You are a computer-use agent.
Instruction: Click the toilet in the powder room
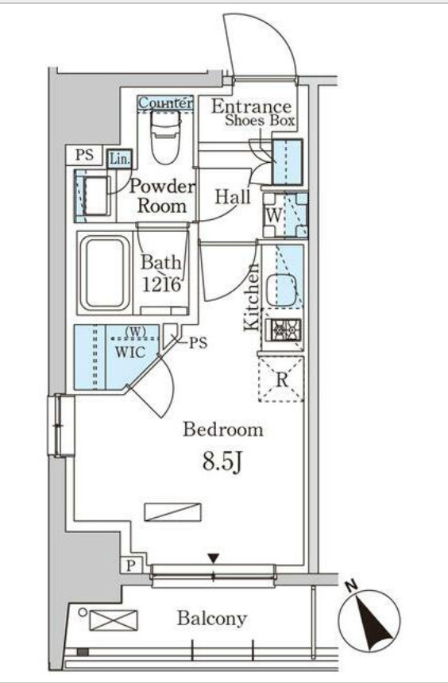point(165,137)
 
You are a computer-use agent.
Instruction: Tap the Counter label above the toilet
point(165,103)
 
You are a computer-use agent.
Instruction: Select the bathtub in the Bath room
point(105,273)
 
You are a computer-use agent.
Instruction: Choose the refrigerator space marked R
point(281,379)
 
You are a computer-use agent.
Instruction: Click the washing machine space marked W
point(285,215)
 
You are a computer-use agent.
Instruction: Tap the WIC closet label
point(129,352)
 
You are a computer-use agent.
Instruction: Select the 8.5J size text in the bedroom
point(222,461)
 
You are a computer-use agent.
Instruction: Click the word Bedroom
point(222,430)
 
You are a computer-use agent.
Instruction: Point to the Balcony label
point(212,619)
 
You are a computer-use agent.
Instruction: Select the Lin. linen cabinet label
point(119,160)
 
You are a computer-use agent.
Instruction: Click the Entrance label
point(252,106)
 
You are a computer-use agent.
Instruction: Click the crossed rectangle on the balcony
point(114,620)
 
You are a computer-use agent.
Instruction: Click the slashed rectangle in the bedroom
point(173,512)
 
